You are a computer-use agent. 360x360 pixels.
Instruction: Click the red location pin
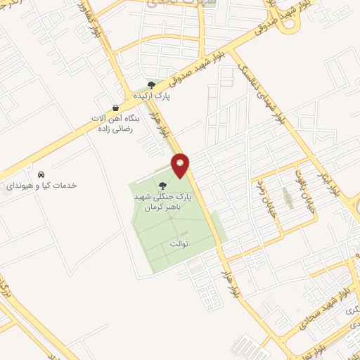point(181,165)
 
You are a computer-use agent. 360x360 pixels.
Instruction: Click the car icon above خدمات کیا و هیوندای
point(41,174)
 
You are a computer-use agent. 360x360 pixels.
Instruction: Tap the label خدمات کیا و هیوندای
point(41,185)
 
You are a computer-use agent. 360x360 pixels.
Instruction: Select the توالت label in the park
point(179,243)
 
